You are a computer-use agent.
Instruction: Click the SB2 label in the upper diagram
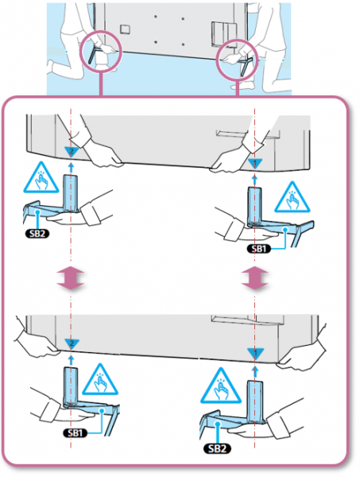click(x=37, y=234)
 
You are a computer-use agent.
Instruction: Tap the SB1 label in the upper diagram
click(x=259, y=249)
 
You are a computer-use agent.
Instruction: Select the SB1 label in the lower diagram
click(x=75, y=432)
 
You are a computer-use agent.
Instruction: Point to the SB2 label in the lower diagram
click(x=217, y=448)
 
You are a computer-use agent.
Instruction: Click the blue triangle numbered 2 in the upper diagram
click(x=72, y=151)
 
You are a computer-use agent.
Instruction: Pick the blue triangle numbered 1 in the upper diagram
click(x=255, y=163)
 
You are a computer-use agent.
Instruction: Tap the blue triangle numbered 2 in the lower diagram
click(x=72, y=343)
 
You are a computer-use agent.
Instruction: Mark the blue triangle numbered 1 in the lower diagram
click(x=255, y=353)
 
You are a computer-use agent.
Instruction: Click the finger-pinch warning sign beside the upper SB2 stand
click(x=41, y=180)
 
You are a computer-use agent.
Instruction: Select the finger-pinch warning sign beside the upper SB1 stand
click(x=292, y=199)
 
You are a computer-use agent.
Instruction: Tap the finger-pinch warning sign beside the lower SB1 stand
click(x=100, y=381)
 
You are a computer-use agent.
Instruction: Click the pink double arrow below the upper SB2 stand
click(x=71, y=277)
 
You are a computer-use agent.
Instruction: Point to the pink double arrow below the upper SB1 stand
click(x=255, y=277)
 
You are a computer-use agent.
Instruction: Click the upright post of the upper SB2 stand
click(x=71, y=193)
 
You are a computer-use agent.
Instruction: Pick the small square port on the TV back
click(x=125, y=29)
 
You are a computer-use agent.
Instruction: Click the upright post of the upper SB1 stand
click(x=255, y=207)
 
